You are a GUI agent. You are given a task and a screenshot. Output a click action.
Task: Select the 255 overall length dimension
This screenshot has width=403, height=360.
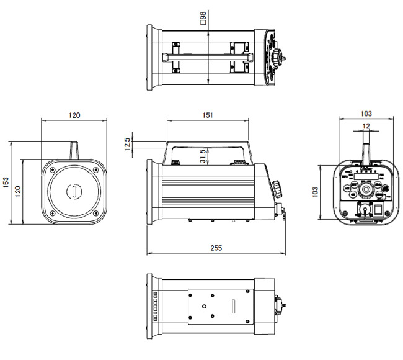click(216, 248)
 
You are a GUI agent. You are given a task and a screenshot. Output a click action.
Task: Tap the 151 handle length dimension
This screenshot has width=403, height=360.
click(208, 115)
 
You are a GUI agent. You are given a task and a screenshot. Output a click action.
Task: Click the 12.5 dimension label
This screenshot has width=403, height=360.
click(128, 144)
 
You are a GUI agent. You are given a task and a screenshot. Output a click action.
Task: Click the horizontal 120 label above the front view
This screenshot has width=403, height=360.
click(74, 115)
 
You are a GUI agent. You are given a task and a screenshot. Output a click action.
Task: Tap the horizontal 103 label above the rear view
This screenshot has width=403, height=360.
click(365, 114)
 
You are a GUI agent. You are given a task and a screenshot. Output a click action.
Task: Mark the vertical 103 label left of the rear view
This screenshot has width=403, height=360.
click(316, 191)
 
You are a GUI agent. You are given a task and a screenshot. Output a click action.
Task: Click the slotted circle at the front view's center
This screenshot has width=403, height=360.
click(74, 191)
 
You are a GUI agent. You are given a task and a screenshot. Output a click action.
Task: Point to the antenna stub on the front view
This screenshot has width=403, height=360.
click(74, 151)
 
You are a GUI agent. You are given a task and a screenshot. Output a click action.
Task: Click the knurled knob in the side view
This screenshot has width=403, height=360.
click(276, 187)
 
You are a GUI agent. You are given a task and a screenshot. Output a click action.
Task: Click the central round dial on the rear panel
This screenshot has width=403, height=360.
click(366, 188)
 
